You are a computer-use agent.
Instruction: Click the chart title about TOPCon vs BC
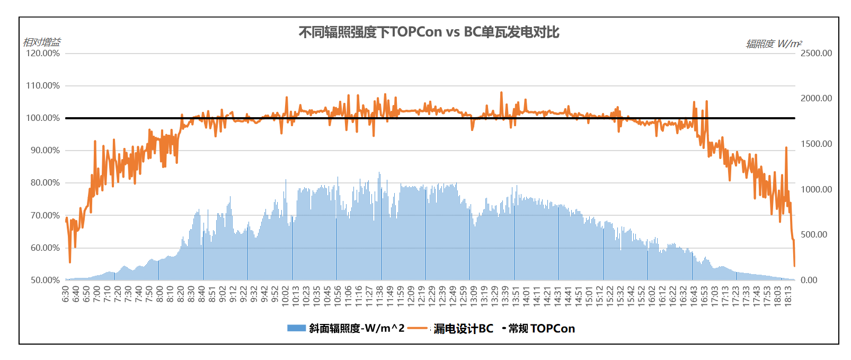(429, 32)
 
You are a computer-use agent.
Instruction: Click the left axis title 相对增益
(42, 42)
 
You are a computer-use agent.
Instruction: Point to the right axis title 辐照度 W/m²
(774, 44)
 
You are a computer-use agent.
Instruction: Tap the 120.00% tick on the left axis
(43, 54)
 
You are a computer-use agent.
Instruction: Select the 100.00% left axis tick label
(43, 118)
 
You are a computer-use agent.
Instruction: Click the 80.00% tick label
(43, 183)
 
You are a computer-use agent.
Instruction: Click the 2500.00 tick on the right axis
(816, 53)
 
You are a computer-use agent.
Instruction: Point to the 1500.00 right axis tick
(816, 144)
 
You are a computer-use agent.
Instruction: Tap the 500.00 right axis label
(814, 234)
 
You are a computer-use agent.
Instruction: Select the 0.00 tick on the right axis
(809, 280)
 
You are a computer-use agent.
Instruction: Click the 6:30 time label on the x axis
(66, 294)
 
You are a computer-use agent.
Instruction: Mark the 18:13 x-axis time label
(788, 295)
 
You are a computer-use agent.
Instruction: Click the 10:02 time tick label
(286, 295)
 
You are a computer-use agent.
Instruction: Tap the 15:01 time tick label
(589, 295)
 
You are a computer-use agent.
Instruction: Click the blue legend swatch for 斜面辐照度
(296, 328)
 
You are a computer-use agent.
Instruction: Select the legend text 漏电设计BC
(463, 329)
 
